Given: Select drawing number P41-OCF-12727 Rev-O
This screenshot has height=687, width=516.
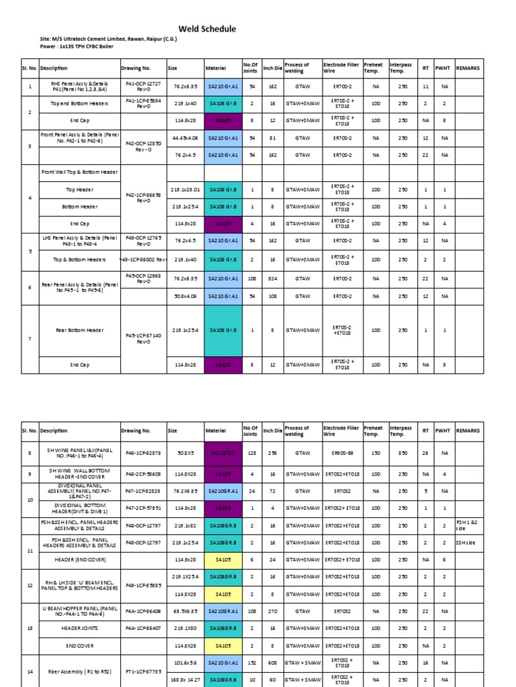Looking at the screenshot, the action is pyautogui.click(x=143, y=87).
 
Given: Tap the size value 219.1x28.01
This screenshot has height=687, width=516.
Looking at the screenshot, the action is pyautogui.click(x=185, y=190).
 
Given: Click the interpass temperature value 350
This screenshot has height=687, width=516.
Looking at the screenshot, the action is pyautogui.click(x=402, y=454).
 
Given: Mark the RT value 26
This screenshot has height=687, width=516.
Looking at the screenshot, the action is pyautogui.click(x=425, y=454).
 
